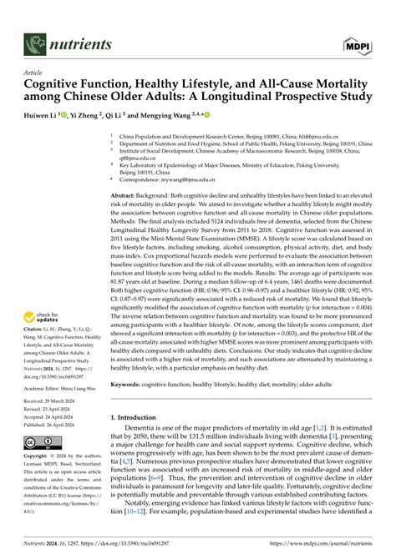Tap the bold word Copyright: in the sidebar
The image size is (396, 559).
tap(39, 457)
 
